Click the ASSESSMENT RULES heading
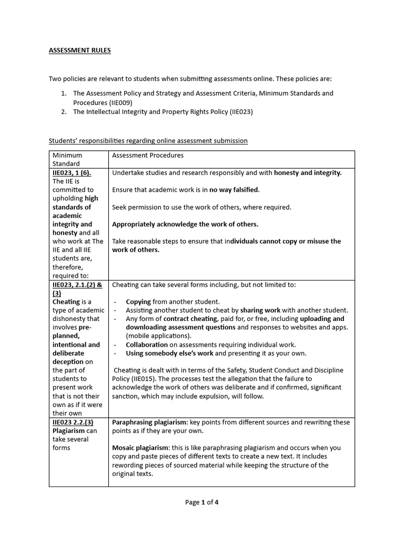(79, 50)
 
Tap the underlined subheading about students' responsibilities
(148, 141)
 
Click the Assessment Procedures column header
(148, 156)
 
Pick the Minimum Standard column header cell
(67, 160)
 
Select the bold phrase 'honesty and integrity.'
(308, 173)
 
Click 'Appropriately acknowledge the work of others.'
(185, 224)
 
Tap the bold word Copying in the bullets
(138, 302)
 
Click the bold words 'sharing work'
(260, 311)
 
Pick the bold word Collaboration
(147, 345)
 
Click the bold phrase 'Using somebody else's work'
(169, 353)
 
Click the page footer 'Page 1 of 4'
(201, 502)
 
